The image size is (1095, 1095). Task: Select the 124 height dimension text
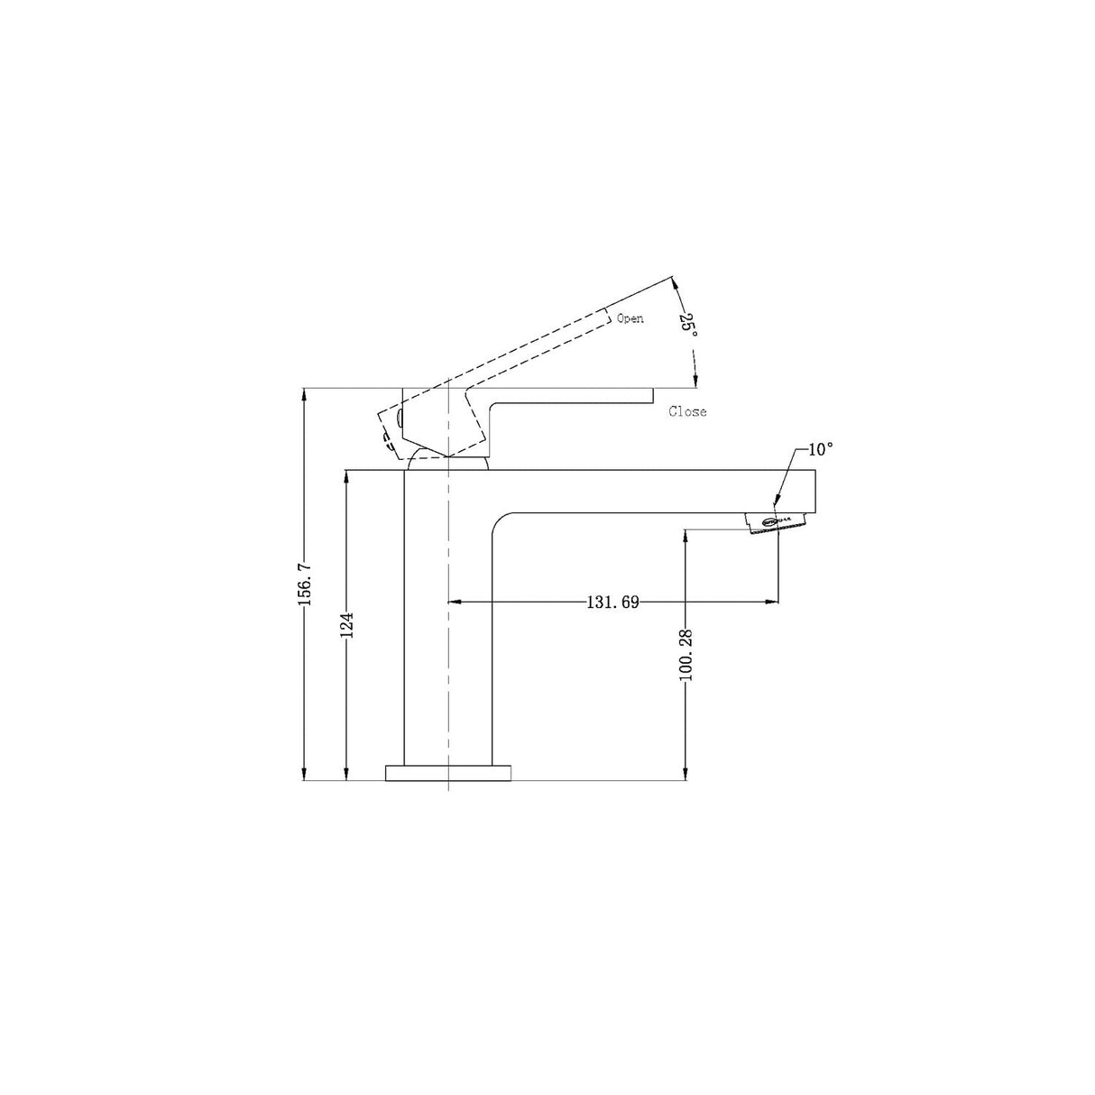346,626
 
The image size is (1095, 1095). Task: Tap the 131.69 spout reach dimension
612,602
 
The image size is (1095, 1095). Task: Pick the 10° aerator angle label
821,449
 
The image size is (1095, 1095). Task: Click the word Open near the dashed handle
630,318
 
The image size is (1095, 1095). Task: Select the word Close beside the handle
687,412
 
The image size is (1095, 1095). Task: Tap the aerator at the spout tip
775,522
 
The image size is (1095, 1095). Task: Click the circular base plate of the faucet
447,773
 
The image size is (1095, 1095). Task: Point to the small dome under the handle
447,463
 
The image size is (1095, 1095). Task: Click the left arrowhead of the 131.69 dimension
455,601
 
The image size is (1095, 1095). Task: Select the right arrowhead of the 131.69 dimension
772,601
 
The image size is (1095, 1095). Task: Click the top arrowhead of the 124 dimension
346,475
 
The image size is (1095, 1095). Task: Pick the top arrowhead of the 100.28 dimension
686,534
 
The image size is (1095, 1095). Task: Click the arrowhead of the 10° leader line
777,501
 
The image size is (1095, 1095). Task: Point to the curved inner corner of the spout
500,523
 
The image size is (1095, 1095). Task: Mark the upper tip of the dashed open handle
673,276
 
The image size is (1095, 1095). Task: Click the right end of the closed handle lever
651,396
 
